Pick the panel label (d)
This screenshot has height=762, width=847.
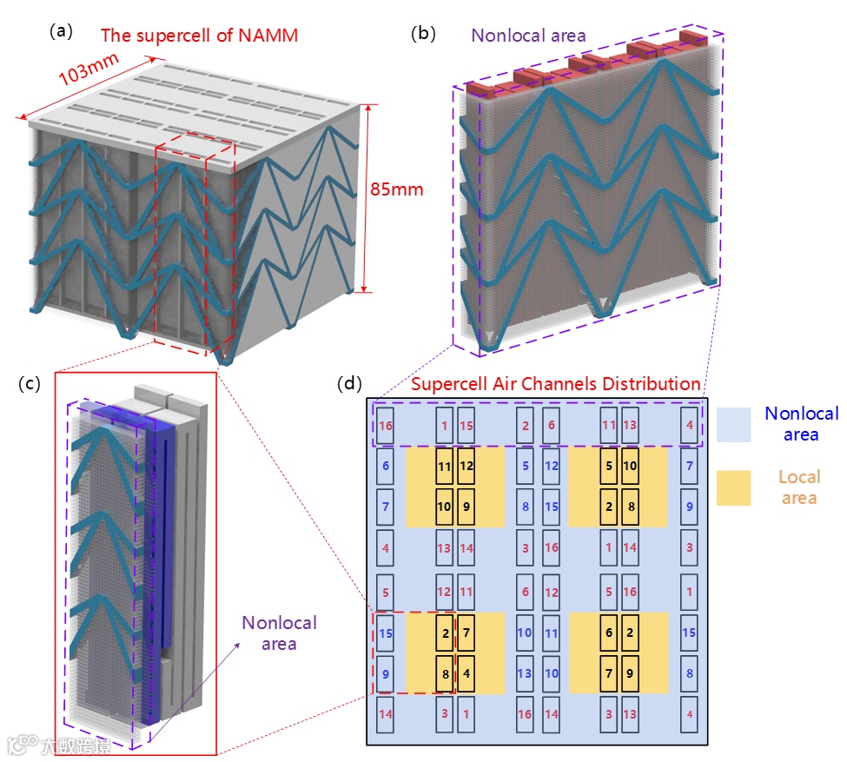pos(350,383)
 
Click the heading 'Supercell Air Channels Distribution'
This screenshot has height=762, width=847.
pos(555,383)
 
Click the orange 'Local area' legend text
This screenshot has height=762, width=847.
pos(799,487)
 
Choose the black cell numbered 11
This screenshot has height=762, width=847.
pos(445,466)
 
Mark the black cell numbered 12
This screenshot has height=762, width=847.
pos(467,466)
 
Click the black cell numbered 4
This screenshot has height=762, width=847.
pos(467,673)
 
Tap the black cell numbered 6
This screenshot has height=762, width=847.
pos(609,633)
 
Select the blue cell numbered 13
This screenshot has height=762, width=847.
pos(525,673)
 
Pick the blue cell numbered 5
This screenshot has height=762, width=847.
pos(525,466)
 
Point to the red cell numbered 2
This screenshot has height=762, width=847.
pos(525,426)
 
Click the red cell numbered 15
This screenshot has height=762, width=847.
pos(467,426)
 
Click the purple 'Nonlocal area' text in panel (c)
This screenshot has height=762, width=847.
pos(279,633)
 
